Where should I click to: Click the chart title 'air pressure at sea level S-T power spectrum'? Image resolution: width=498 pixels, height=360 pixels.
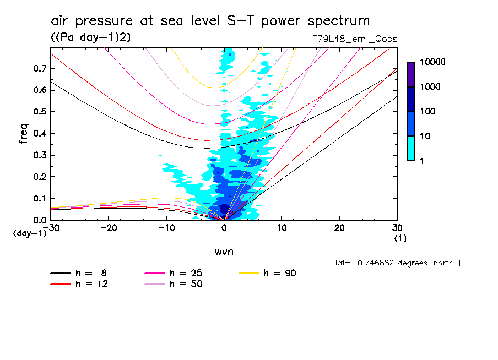(210, 21)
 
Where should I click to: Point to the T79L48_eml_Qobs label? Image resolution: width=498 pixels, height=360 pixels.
(354, 39)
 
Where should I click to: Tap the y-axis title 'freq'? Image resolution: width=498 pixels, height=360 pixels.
(24, 133)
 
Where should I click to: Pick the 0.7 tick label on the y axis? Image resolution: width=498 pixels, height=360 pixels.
(39, 68)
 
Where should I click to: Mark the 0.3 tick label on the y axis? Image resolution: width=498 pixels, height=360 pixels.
(39, 155)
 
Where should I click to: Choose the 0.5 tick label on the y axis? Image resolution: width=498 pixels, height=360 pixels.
(39, 112)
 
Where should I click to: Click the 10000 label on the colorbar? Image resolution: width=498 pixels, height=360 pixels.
(433, 63)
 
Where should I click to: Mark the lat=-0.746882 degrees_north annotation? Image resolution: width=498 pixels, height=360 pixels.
(394, 263)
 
